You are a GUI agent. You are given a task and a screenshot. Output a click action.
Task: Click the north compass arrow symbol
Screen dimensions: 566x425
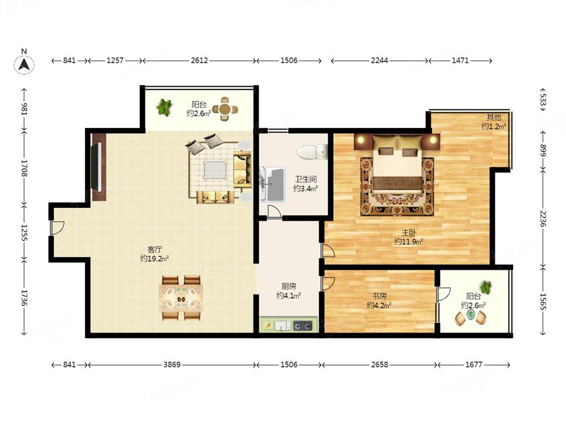(24, 65)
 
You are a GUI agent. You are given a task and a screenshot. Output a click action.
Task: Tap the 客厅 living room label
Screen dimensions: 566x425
(155, 249)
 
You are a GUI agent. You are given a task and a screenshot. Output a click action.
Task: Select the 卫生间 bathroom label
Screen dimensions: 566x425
(306, 179)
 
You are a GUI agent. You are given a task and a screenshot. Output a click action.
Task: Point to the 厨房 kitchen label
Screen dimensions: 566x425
(289, 286)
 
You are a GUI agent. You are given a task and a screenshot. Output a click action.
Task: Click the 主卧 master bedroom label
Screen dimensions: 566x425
(409, 233)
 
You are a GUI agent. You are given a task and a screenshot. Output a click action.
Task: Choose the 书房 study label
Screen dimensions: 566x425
(379, 296)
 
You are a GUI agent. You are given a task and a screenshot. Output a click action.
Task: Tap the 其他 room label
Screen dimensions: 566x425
(494, 117)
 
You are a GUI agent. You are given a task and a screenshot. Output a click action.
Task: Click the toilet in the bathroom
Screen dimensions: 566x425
(312, 152)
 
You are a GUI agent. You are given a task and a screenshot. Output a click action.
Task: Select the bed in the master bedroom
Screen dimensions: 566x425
(397, 166)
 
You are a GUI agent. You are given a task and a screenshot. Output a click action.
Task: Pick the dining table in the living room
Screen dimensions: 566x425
(181, 299)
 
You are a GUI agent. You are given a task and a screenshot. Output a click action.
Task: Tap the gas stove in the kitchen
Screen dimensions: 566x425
(303, 326)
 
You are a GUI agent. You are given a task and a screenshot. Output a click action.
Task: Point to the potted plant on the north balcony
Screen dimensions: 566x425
(164, 107)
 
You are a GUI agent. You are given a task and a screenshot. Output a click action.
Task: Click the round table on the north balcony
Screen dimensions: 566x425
(225, 109)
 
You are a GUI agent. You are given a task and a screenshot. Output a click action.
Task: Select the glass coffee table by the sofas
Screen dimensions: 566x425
(215, 170)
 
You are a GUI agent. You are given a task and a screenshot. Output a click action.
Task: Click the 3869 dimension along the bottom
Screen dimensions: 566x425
(172, 364)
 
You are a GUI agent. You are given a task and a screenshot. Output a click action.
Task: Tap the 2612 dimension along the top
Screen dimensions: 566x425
(199, 61)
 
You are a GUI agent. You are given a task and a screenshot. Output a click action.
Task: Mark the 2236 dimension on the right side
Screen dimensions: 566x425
(543, 219)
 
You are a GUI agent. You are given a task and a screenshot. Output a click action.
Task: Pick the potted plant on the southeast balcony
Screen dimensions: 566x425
(486, 287)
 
